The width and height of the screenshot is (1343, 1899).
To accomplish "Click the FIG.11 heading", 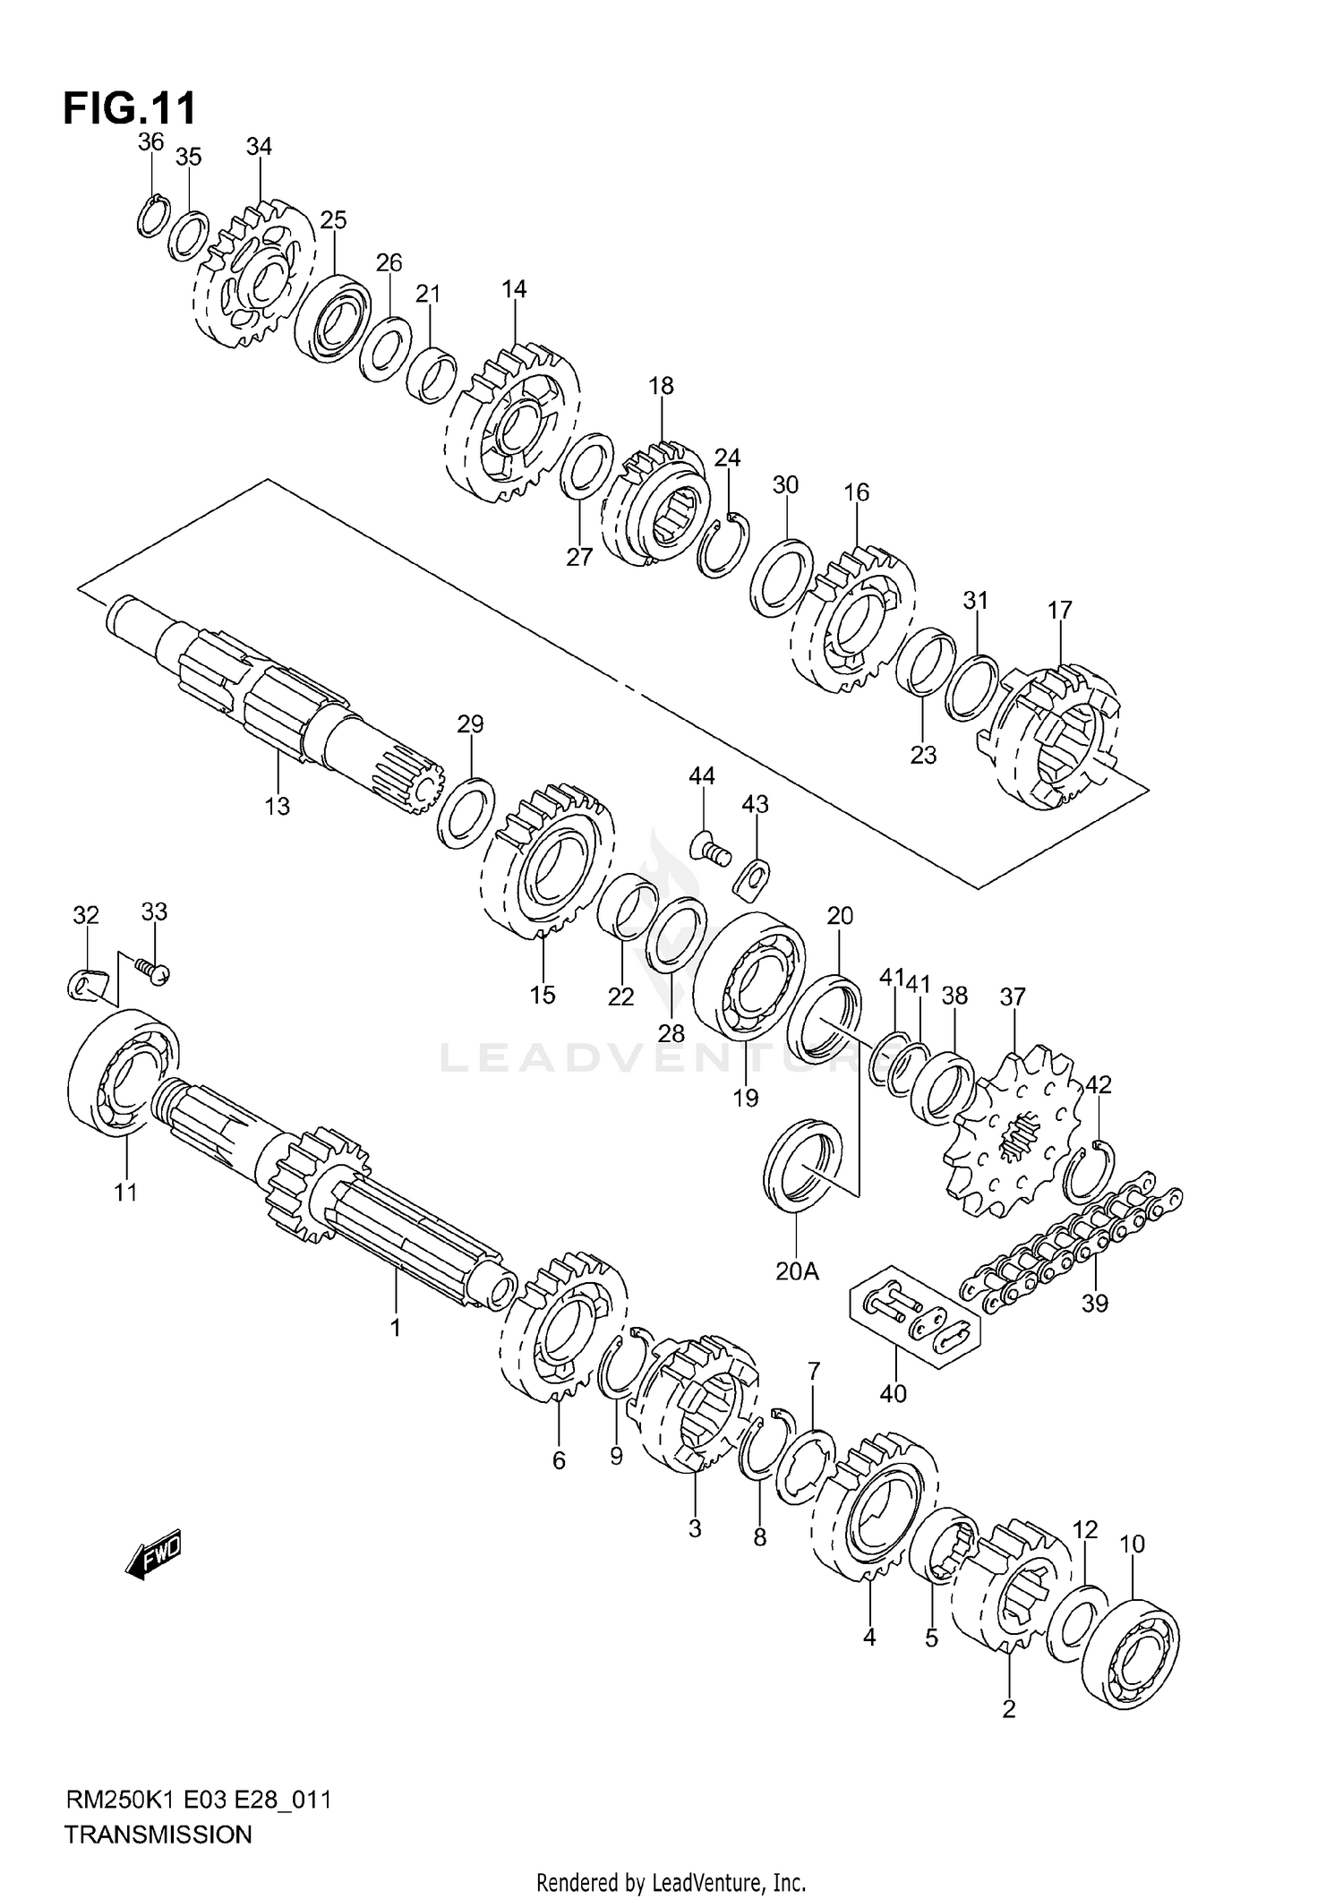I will pyautogui.click(x=129, y=108).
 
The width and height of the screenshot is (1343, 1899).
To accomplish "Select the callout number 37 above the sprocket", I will pyautogui.click(x=1013, y=996).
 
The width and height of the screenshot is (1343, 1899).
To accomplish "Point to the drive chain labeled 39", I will pyautogui.click(x=1070, y=1246).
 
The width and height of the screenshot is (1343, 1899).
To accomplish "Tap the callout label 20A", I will pyautogui.click(x=797, y=1270).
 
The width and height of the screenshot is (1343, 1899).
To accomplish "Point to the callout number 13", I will pyautogui.click(x=278, y=806).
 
